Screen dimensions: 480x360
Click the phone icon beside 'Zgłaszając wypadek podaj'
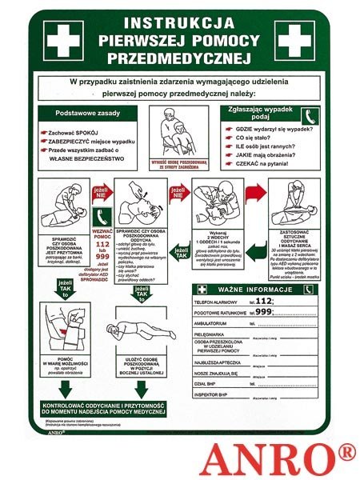click(310, 115)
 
